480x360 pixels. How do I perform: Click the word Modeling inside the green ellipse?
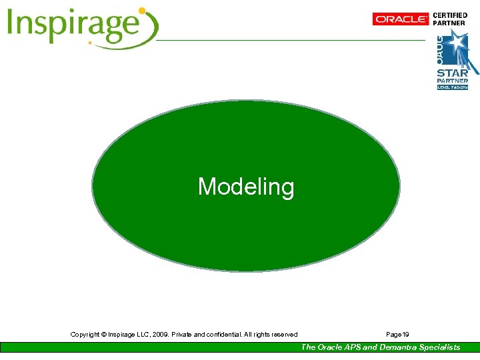click(245, 187)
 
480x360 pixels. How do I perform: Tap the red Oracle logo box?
click(401, 19)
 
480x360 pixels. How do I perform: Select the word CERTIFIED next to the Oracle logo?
click(451, 15)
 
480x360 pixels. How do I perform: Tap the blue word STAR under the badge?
click(452, 73)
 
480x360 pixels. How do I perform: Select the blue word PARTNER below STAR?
click(452, 81)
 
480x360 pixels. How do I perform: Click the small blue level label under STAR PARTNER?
click(452, 87)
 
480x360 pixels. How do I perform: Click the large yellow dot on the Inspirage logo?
click(141, 11)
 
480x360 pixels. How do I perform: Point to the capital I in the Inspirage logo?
click(12, 25)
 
